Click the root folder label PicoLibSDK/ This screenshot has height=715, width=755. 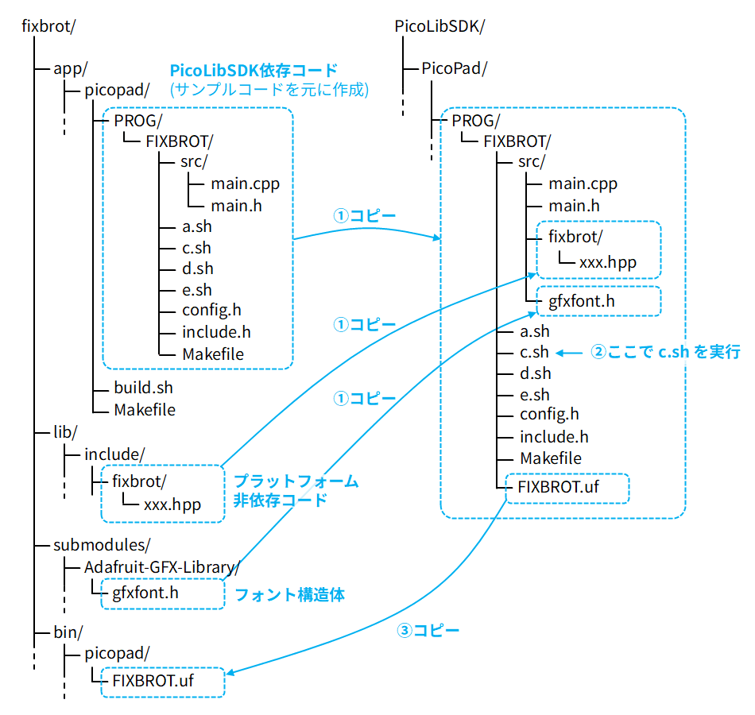439,25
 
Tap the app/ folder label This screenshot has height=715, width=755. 70,68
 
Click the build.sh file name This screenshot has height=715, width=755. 143,388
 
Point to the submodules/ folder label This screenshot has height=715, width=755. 100,545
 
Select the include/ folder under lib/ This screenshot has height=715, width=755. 115,454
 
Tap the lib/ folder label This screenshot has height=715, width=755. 65,431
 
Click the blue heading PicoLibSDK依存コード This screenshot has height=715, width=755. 254,71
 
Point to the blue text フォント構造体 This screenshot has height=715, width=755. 289,594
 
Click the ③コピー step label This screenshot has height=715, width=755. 428,631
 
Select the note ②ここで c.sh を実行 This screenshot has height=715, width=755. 665,352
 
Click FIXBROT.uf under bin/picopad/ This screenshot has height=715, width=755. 153,681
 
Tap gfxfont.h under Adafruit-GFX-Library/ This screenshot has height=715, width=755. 145,592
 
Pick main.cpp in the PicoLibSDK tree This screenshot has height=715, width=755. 583,184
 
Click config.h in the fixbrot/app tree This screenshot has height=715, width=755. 211,311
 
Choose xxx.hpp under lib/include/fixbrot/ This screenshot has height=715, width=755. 172,504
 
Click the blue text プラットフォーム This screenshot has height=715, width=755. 296,481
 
